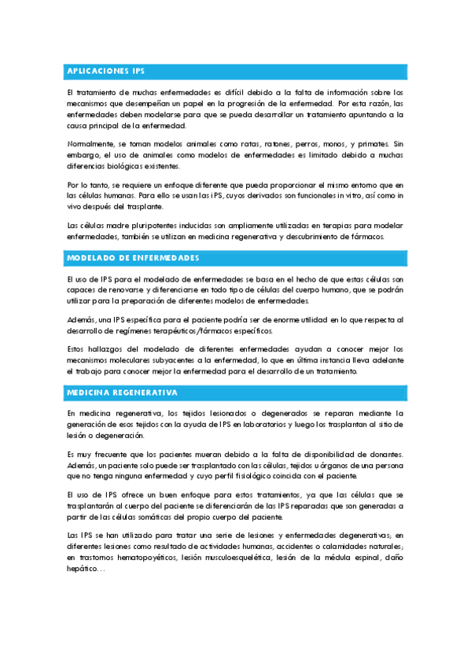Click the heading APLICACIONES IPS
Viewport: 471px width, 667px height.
106,72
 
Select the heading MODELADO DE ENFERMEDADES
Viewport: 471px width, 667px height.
133,258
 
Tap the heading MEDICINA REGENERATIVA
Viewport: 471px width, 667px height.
122,392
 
